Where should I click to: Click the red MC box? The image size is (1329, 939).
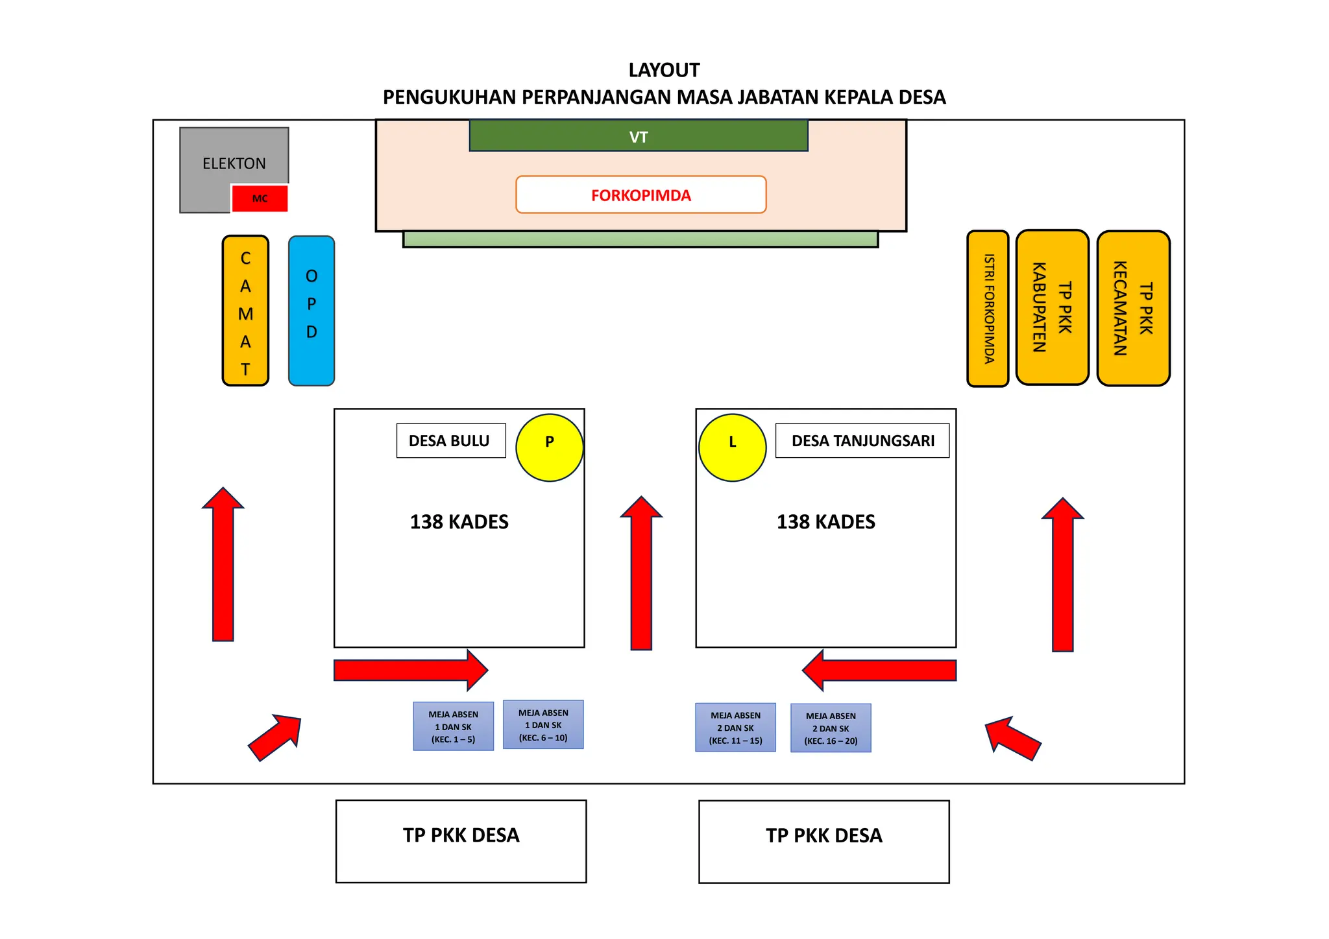pos(260,198)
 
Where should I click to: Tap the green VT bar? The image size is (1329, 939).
pos(639,136)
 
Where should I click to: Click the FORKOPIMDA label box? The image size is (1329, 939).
pos(640,195)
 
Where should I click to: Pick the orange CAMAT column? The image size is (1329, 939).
pos(245,311)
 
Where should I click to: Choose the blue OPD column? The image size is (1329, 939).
pos(311,311)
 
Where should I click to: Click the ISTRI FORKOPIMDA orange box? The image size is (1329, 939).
pos(988,309)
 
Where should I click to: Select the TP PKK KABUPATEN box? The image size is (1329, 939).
pos(1052,307)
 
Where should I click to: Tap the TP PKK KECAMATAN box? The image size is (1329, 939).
pos(1133,309)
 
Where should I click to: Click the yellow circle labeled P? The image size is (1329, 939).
pos(549,447)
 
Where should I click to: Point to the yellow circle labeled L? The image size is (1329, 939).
pos(732,447)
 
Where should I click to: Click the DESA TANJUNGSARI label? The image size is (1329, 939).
pos(862,441)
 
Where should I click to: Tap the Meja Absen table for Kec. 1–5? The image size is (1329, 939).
pos(453,726)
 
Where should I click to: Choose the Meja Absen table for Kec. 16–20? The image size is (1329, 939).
pos(831,728)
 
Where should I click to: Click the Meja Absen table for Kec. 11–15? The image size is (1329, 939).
pos(735,728)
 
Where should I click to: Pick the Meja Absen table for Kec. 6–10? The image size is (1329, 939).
pos(543,725)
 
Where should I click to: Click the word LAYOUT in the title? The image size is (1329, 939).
pos(664,70)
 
